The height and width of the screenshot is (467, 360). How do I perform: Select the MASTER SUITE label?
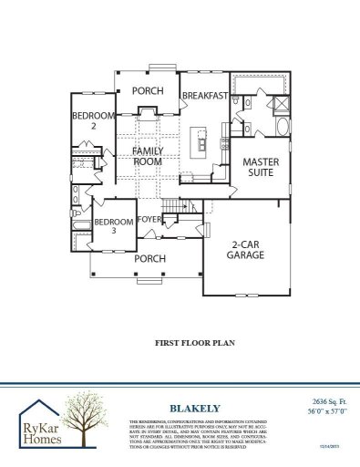[259, 167]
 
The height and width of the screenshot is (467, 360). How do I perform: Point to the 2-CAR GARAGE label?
[246, 249]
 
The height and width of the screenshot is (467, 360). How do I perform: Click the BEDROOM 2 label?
[94, 120]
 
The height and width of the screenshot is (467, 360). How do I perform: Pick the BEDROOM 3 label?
[114, 226]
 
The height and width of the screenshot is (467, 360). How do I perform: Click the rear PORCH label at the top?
[148, 91]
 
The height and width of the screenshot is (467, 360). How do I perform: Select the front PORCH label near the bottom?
[149, 258]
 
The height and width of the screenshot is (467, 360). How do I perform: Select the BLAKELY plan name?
[184, 408]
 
